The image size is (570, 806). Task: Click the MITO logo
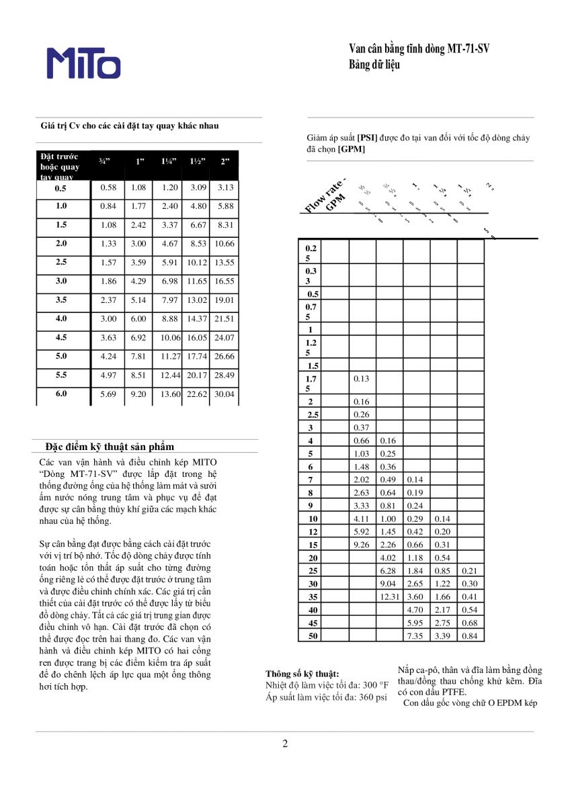coord(84,63)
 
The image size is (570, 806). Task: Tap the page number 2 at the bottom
coord(285,744)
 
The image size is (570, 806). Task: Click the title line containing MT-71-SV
coord(419,49)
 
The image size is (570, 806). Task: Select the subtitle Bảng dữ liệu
coord(374,65)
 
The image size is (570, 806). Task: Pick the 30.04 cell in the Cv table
coord(225,394)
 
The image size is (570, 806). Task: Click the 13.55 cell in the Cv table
coord(225,263)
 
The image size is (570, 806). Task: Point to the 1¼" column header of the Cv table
coord(169,161)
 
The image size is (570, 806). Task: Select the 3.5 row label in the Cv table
coord(61,300)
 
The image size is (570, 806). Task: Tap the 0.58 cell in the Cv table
coord(108,187)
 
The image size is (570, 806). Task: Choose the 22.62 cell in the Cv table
coord(196,394)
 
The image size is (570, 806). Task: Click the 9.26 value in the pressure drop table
coord(362,544)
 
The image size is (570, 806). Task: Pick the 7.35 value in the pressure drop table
coord(416,635)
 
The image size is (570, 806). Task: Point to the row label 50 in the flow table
coord(313,635)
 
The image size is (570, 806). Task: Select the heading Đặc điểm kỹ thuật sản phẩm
coord(110,447)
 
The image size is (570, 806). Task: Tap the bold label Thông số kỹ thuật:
coord(302,674)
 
